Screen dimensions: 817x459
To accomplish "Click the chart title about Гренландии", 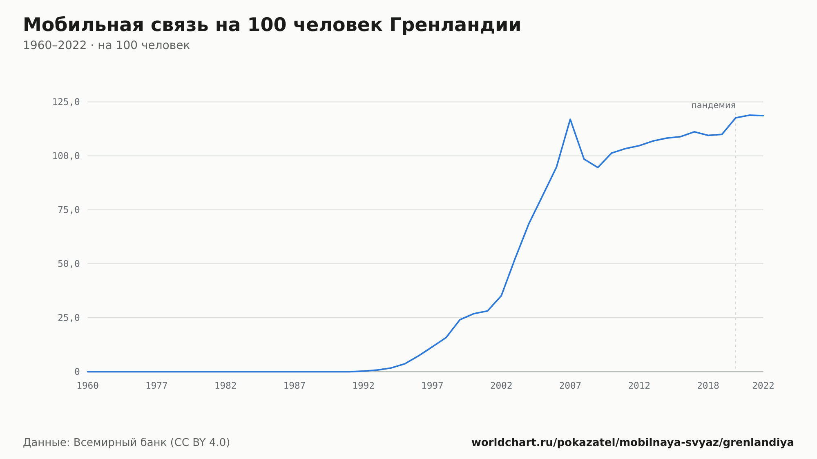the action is tap(272, 25).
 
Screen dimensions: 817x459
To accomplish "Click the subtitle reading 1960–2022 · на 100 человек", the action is tap(106, 45).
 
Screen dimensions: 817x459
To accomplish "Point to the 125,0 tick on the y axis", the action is tap(66, 102).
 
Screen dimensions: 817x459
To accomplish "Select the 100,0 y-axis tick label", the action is tap(66, 156).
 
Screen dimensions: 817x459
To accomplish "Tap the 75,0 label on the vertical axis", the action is tap(69, 210).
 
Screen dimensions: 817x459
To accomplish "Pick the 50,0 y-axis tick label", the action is tap(69, 264).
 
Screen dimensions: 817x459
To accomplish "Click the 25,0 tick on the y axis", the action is tap(69, 318).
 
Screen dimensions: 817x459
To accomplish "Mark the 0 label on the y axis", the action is tap(77, 372).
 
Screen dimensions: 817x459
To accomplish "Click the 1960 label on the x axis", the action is tap(88, 385).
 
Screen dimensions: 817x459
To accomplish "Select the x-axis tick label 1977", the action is tap(157, 385).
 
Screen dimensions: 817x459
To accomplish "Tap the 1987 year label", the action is tap(295, 385).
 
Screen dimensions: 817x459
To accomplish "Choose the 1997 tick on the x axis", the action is tap(433, 385).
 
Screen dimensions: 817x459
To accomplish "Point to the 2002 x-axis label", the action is tap(501, 385).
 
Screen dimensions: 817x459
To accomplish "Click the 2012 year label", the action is tap(639, 385).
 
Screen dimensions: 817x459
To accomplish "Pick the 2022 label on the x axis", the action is tap(763, 385).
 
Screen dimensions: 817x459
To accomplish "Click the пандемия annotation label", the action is tap(713, 105).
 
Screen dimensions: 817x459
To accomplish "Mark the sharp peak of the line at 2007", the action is tap(570, 119).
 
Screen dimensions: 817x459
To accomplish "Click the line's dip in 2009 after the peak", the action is tap(598, 167).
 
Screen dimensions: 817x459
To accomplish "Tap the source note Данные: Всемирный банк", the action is tap(127, 442).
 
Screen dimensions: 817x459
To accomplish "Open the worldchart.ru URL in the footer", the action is tap(633, 442).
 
